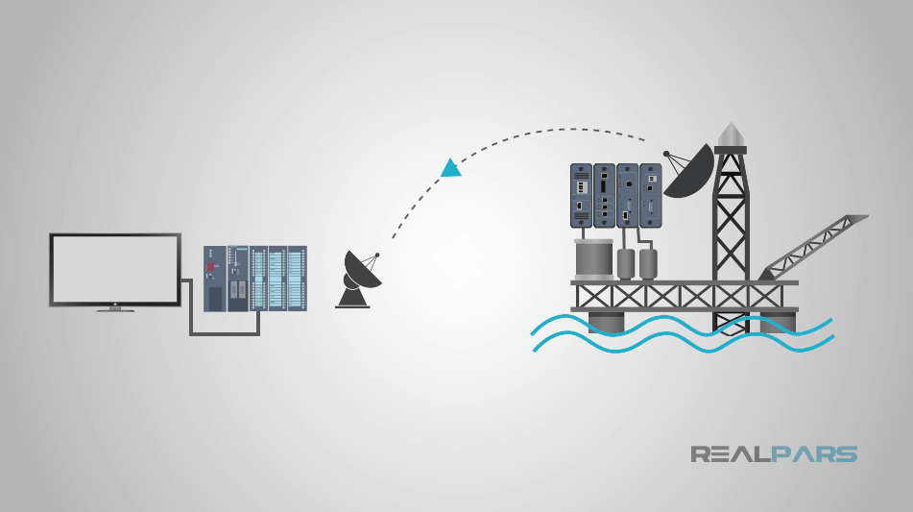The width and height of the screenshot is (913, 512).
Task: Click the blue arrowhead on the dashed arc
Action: point(450,169)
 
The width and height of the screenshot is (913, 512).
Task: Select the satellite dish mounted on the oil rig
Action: point(688,171)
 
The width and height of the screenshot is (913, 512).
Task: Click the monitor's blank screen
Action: point(115,268)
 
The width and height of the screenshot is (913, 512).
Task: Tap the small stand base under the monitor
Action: point(114,309)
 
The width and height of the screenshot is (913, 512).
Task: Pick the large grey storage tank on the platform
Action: point(593,258)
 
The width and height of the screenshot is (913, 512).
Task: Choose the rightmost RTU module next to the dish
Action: point(651,196)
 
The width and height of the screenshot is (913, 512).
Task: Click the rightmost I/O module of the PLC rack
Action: point(298,278)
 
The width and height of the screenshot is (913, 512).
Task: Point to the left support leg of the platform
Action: point(604,321)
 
